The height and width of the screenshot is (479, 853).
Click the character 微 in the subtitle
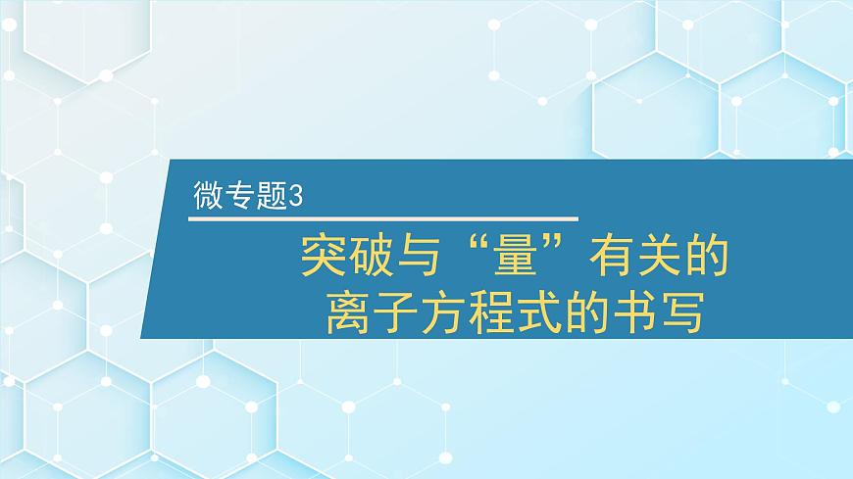(209, 196)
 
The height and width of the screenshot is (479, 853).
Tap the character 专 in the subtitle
(236, 196)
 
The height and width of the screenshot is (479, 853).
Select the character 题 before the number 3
(265, 196)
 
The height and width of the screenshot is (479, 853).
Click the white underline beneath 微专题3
(382, 218)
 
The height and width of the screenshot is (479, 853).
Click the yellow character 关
(657, 256)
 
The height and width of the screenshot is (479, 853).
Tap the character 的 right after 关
(705, 256)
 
